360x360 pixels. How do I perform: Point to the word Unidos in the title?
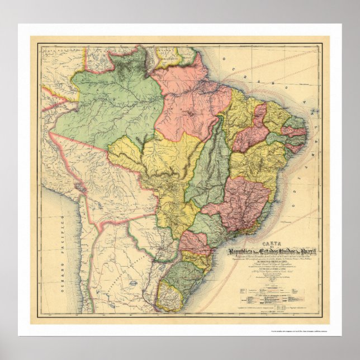[293, 251]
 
